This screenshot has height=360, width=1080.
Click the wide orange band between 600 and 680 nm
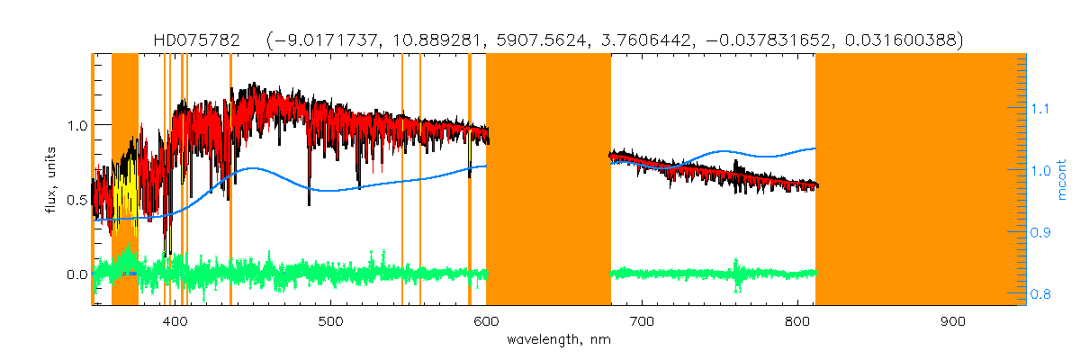click(x=548, y=180)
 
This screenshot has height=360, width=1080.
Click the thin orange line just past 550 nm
click(x=420, y=180)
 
